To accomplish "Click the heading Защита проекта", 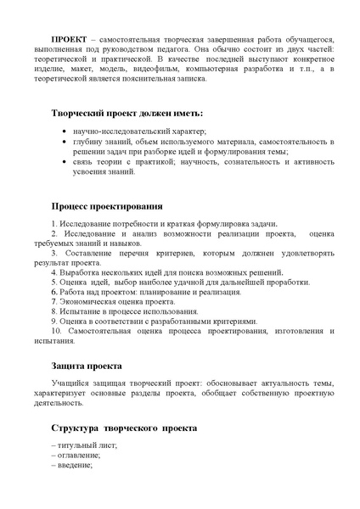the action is click(x=84, y=366).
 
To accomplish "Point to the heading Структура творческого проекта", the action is click(x=123, y=429).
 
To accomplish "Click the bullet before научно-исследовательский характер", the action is click(x=66, y=132).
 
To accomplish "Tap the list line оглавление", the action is click(x=80, y=456).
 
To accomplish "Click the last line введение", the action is click(x=76, y=466).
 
